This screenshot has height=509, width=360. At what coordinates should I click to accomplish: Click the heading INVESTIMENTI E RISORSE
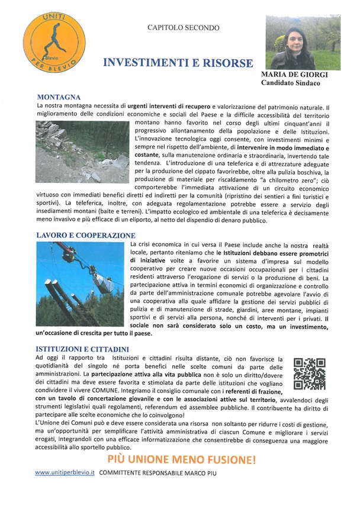pos(178,63)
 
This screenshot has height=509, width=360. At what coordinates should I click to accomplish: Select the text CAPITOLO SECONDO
pos(183,28)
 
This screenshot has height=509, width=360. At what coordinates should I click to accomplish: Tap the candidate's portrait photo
pos(303,43)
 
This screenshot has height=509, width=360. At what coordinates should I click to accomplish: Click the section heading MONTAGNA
pos(59,97)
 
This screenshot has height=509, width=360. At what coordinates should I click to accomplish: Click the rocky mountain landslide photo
pos(82,152)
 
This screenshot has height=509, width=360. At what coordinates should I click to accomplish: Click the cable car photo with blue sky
pos(81,285)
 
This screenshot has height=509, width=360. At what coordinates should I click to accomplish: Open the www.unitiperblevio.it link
pos(65,473)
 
